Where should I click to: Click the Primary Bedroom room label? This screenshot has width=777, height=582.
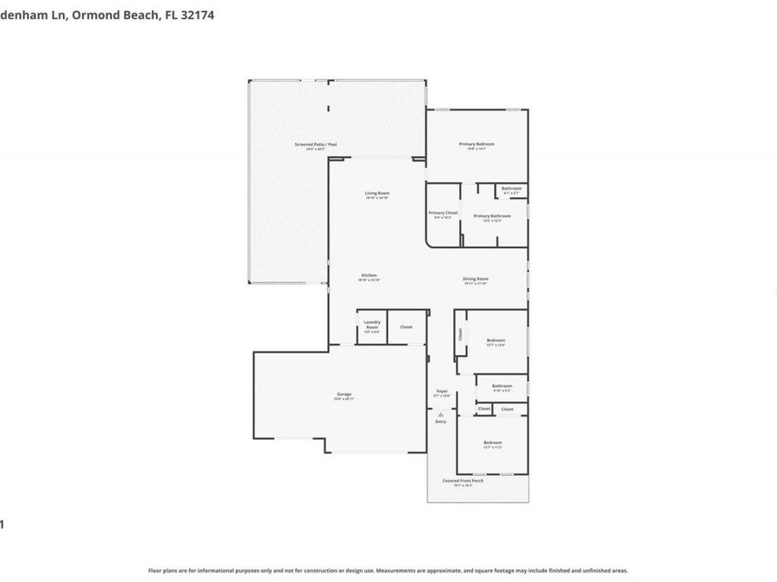click(x=477, y=144)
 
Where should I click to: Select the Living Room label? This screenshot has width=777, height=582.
click(x=376, y=193)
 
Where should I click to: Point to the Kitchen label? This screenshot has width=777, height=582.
click(x=369, y=275)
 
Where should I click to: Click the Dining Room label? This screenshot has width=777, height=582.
click(x=476, y=278)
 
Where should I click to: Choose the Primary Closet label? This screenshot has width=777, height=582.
click(x=443, y=212)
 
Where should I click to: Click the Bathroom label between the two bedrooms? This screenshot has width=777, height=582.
click(x=502, y=385)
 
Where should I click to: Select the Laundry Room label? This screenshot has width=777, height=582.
click(x=371, y=323)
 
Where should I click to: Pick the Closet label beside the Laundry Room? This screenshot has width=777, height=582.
click(x=406, y=327)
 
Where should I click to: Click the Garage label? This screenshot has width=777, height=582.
click(x=344, y=394)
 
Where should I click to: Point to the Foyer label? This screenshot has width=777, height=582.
click(x=441, y=391)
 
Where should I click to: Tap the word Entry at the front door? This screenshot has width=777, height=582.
click(x=440, y=421)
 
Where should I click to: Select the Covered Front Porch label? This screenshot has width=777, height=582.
click(x=463, y=480)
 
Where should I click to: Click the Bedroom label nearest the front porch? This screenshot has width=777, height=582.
click(x=492, y=442)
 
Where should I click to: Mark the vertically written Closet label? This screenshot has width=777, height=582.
click(x=460, y=333)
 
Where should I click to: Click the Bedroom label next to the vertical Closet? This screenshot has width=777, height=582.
click(x=496, y=341)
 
